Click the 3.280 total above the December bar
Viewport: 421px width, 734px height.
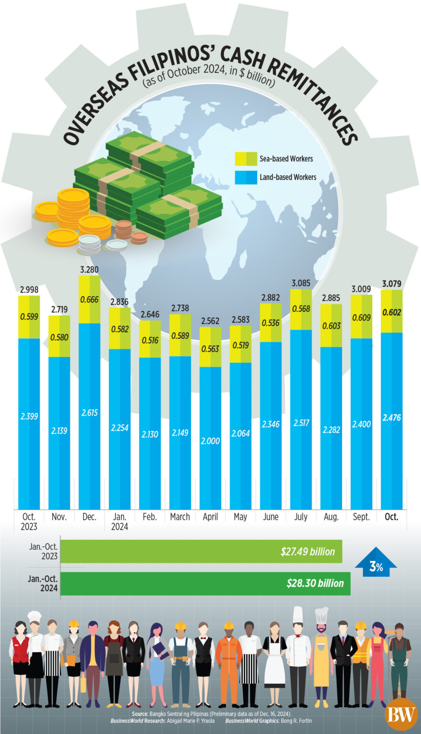89,270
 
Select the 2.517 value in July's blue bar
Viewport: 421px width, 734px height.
301,423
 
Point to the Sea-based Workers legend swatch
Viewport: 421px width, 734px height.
246,159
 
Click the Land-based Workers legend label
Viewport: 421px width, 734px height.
288,177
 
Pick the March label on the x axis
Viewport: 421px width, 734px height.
180,517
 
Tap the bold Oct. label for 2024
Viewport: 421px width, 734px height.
391,517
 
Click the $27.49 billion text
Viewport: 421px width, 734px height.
308,551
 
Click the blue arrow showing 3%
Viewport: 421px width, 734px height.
376,562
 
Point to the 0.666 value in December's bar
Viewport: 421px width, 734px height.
89,300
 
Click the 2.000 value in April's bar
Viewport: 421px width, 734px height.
210,441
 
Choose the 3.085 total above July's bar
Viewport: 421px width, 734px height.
301,283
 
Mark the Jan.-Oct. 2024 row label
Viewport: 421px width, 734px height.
43,583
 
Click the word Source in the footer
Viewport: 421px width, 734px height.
140,713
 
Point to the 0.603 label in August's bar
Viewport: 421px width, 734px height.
331,326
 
